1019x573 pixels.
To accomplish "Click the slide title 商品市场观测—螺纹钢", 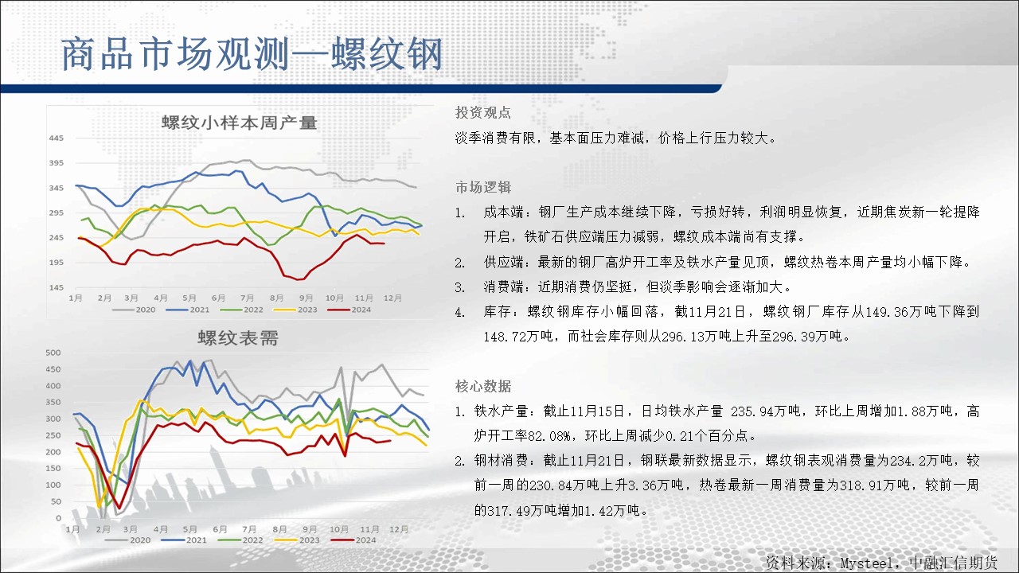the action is (252, 54).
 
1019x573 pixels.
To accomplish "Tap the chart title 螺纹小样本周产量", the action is (240, 123).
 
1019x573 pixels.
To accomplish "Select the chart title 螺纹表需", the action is (238, 338).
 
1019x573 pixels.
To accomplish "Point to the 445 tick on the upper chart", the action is (57, 138).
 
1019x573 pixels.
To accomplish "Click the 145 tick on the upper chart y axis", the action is (57, 287).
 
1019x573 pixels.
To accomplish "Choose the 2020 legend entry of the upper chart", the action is (135, 310).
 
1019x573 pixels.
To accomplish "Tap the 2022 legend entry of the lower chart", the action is (240, 540).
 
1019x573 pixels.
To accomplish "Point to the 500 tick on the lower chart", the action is (53, 353).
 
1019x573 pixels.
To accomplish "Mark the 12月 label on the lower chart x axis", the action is (399, 529).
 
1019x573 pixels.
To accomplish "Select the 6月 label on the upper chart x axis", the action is (218, 298).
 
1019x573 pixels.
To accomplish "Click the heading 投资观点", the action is (483, 112).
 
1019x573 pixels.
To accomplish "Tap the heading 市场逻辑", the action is (483, 187).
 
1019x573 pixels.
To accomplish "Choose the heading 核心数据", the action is (483, 386).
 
